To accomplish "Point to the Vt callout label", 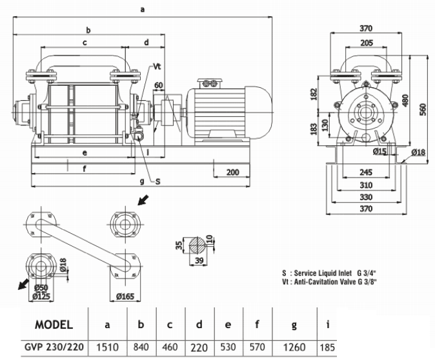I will pos(157,67).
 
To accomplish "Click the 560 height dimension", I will pos(423,109).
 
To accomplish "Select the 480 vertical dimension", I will pos(405,101).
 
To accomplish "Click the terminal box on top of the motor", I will pos(211,82).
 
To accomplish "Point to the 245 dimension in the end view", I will pos(365,173).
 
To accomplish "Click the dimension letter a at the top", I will pos(141,9).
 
